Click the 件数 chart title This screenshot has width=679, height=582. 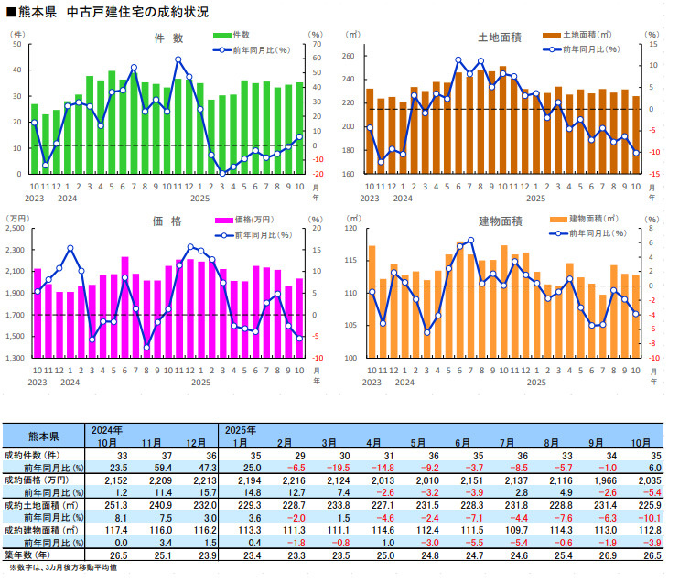169,38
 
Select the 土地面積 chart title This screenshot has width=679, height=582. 500,38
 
